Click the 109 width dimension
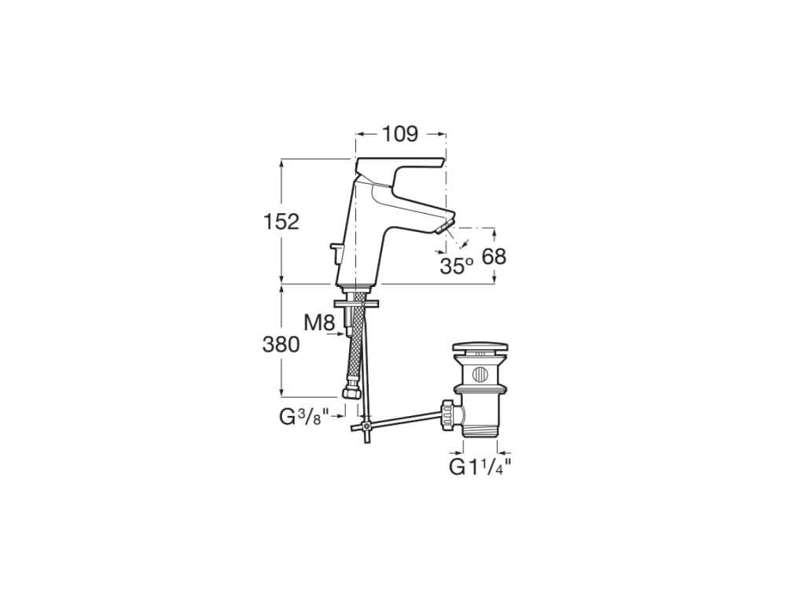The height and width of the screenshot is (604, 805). (x=400, y=134)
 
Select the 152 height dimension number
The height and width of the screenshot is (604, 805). (x=281, y=222)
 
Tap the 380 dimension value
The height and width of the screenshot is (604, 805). (x=281, y=344)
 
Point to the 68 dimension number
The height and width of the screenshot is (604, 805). (x=493, y=256)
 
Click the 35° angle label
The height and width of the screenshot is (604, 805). (x=456, y=266)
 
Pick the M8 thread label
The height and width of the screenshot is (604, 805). (x=320, y=322)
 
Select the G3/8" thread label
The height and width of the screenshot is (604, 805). (x=303, y=417)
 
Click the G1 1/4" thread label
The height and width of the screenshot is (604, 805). (x=480, y=466)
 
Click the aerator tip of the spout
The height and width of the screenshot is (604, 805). (x=444, y=227)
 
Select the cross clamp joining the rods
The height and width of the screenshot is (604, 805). (x=366, y=425)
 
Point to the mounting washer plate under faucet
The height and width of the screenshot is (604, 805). (x=356, y=302)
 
